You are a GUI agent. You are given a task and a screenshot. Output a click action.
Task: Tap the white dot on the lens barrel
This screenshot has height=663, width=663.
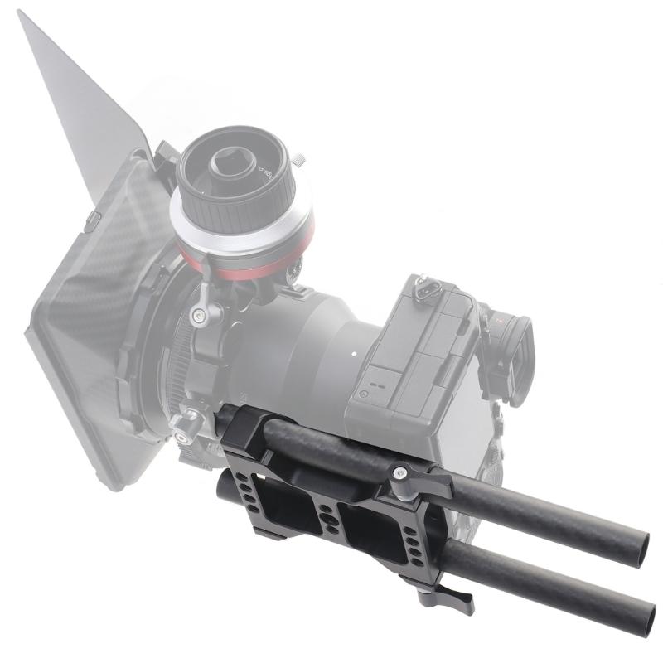(354, 355)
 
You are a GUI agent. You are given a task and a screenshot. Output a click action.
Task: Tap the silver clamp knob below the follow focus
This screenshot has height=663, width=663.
(201, 313)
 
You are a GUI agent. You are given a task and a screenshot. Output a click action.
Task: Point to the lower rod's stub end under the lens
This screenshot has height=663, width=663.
(225, 489)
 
